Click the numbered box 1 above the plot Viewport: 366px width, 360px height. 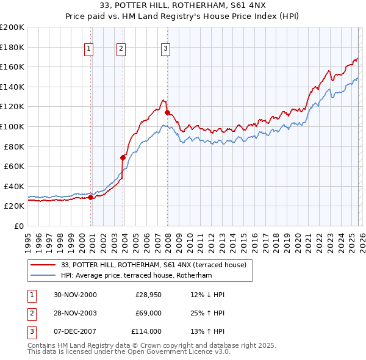click(89, 49)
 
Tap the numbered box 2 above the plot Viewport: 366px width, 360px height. click(121, 49)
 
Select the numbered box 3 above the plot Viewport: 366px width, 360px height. click(166, 49)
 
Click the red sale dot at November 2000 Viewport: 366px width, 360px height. click(91, 197)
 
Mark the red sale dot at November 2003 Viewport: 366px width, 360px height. click(123, 157)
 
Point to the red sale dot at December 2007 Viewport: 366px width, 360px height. click(167, 112)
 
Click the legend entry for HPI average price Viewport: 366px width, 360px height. click(136, 275)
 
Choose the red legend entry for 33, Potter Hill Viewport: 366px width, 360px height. click(153, 265)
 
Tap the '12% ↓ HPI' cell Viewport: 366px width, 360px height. click(207, 295)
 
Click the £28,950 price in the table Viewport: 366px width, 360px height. click(148, 295)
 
